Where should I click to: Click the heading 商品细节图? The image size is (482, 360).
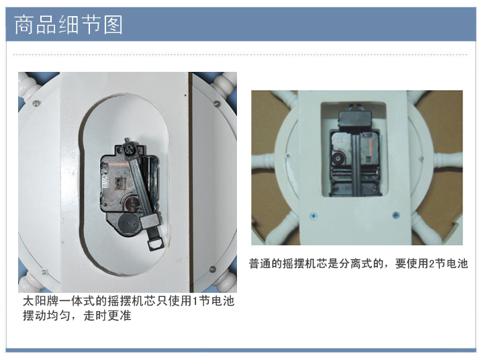click(x=68, y=24)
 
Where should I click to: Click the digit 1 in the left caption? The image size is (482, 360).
click(x=195, y=301)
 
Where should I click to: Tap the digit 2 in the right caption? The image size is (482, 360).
click(x=431, y=263)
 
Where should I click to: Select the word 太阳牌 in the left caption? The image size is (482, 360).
click(x=40, y=301)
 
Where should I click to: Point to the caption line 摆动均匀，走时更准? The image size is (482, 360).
click(x=77, y=316)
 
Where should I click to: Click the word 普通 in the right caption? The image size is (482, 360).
click(x=260, y=263)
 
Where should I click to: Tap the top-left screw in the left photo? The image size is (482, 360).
click(x=36, y=103)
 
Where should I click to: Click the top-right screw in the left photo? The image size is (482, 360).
click(x=216, y=103)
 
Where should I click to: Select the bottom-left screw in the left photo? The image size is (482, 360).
click(x=44, y=271)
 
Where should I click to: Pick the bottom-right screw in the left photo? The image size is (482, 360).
click(x=212, y=269)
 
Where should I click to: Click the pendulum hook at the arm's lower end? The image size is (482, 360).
click(x=156, y=244)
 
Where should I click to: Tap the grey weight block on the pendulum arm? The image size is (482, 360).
click(x=150, y=220)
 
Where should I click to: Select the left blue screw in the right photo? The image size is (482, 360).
click(x=314, y=216)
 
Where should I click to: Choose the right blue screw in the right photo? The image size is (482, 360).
click(x=395, y=215)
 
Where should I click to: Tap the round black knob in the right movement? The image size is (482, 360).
click(x=338, y=159)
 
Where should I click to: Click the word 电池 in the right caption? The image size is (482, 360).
click(x=457, y=263)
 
